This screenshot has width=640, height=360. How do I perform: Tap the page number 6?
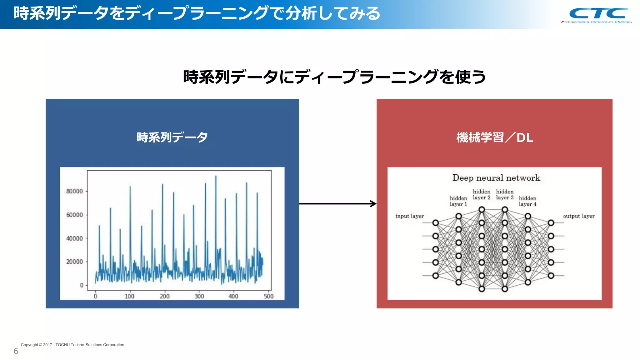[x=16, y=351]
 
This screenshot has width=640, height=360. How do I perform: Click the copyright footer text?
[x=72, y=345]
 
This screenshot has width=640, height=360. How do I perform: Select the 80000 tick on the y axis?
[x=74, y=191]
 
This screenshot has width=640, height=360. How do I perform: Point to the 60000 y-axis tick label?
[x=74, y=215]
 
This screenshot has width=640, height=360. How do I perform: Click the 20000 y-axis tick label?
[x=74, y=262]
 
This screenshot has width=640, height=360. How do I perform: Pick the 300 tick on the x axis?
[x=199, y=296]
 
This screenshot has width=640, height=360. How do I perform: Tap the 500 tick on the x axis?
[x=268, y=296]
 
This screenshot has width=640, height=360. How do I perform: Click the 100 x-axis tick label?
[x=129, y=296]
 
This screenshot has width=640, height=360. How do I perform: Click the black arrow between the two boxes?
[x=337, y=204]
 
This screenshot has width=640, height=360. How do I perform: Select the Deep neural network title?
[x=496, y=178]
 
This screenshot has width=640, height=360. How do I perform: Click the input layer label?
[x=409, y=216]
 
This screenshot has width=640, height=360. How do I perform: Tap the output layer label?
[x=579, y=216]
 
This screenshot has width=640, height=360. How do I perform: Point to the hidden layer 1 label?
[x=458, y=201]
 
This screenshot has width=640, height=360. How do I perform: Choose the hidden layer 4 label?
[x=527, y=201]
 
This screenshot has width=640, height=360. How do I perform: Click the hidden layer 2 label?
[x=482, y=194]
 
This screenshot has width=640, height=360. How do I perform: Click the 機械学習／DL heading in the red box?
[x=494, y=137]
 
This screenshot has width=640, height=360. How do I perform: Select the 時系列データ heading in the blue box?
[x=172, y=137]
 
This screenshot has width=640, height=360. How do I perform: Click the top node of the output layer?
[x=551, y=223]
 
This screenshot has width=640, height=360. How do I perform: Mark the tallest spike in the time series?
[x=216, y=177]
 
